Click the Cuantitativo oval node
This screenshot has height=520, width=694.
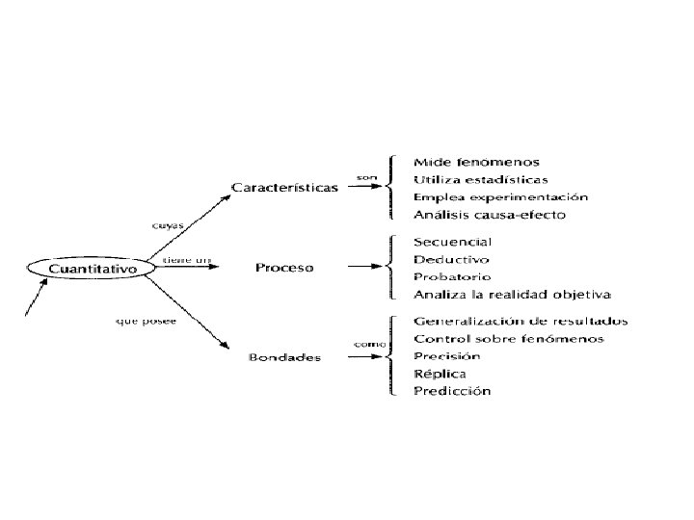click(93, 268)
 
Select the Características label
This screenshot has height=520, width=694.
click(285, 187)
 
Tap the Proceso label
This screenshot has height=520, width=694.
click(284, 267)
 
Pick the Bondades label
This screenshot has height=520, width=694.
click(285, 358)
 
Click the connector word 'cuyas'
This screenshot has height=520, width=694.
click(169, 226)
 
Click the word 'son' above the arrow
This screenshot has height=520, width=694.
click(366, 177)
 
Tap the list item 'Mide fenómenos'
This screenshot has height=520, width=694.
click(476, 162)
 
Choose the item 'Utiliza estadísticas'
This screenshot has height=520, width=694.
click(481, 179)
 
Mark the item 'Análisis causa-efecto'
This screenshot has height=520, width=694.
click(490, 214)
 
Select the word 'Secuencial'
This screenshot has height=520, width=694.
click(453, 242)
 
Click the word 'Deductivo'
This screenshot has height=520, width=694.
click(451, 259)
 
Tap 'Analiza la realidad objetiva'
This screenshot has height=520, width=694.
click(512, 294)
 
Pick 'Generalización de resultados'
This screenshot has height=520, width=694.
click(520, 321)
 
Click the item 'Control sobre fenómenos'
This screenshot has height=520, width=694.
click(509, 338)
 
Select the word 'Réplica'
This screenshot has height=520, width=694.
click(440, 373)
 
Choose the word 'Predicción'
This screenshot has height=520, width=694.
click(452, 390)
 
